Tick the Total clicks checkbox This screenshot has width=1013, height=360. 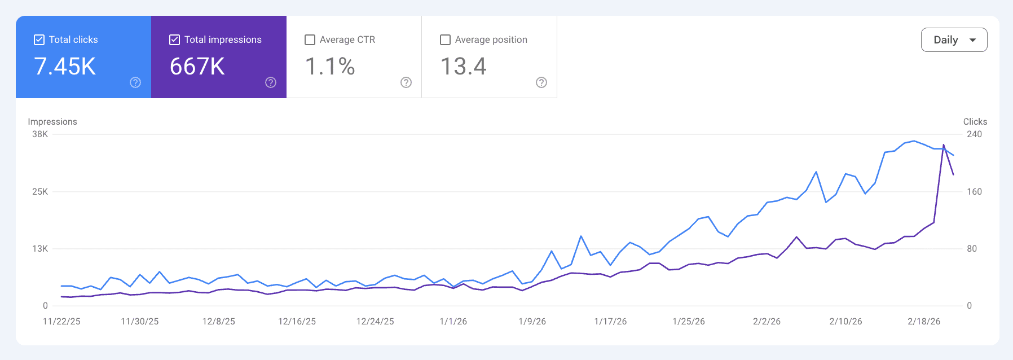pyautogui.click(x=39, y=39)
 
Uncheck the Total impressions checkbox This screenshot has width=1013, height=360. pyautogui.click(x=175, y=39)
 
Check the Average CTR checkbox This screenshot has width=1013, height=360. pyautogui.click(x=310, y=39)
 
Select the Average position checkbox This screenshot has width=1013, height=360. pyautogui.click(x=445, y=39)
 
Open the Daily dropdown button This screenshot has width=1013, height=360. pyautogui.click(x=954, y=40)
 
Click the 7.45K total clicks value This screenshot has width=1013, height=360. pyautogui.click(x=65, y=67)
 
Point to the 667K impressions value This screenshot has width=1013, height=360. pyautogui.click(x=197, y=67)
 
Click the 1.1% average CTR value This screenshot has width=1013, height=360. pyautogui.click(x=330, y=67)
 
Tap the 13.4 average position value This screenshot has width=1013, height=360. pyautogui.click(x=463, y=67)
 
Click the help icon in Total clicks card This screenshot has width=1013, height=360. pyautogui.click(x=135, y=82)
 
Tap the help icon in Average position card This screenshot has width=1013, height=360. pyautogui.click(x=541, y=82)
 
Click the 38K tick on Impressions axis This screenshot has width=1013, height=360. pyautogui.click(x=40, y=134)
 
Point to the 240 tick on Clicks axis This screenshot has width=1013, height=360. pyautogui.click(x=974, y=134)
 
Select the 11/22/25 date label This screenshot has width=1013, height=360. pyautogui.click(x=61, y=322)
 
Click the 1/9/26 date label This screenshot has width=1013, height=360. pyautogui.click(x=532, y=322)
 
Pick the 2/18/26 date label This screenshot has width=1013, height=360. pyautogui.click(x=924, y=322)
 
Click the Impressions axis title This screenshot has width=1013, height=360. pyautogui.click(x=52, y=122)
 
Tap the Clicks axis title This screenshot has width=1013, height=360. pyautogui.click(x=975, y=122)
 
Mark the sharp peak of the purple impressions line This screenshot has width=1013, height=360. pyautogui.click(x=944, y=145)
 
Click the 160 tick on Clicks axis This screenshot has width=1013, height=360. pyautogui.click(x=974, y=192)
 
